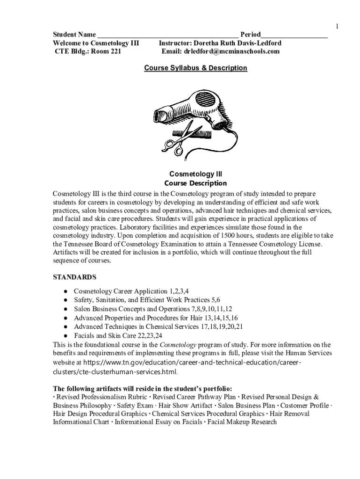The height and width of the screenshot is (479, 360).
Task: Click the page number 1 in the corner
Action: [337, 26]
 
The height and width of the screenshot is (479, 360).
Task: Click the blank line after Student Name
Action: [168, 36]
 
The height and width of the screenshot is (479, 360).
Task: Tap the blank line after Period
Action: [294, 36]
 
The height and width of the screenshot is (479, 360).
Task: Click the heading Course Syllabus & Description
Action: [195, 68]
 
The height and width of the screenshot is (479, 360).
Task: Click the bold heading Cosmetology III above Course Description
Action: [195, 174]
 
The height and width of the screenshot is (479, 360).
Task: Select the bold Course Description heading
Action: [195, 183]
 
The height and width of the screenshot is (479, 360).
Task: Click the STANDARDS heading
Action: [75, 277]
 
